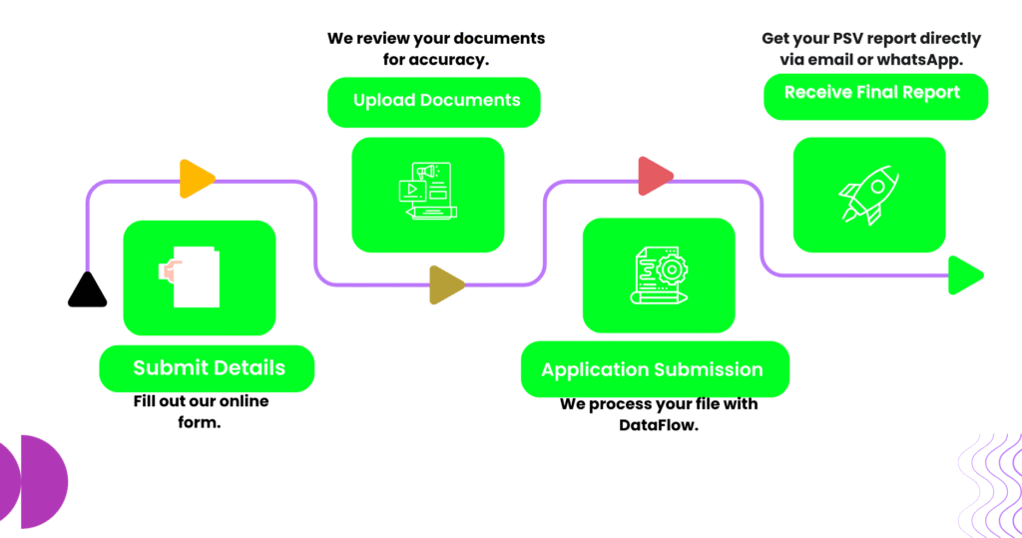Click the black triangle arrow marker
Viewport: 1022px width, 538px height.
pyautogui.click(x=87, y=290)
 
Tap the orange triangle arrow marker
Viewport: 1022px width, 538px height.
pyautogui.click(x=196, y=180)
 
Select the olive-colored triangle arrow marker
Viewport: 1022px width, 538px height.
pyautogui.click(x=446, y=284)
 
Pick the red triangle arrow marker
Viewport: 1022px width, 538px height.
pyautogui.click(x=655, y=177)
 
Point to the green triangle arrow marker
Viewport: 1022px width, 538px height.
pyautogui.click(x=965, y=275)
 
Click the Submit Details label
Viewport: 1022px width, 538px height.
pyautogui.click(x=208, y=368)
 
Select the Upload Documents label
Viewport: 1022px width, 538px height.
pyautogui.click(x=435, y=101)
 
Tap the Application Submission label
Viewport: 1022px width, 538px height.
pyautogui.click(x=652, y=370)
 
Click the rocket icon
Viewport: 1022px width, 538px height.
pyautogui.click(x=868, y=196)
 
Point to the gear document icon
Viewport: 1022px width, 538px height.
pyautogui.click(x=659, y=275)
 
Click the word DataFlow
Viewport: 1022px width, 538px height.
pyautogui.click(x=660, y=426)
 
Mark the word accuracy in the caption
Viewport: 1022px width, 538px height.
pyautogui.click(x=454, y=60)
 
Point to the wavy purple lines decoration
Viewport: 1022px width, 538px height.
pyautogui.click(x=988, y=481)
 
